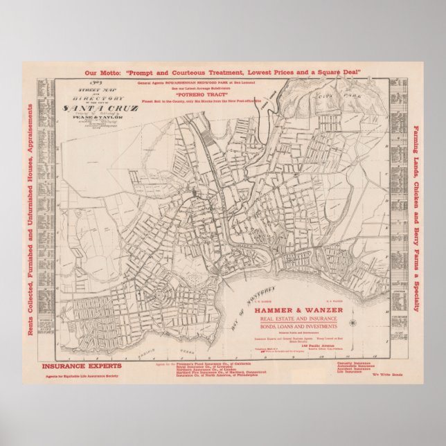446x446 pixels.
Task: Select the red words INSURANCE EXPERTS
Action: tap(82, 365)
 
